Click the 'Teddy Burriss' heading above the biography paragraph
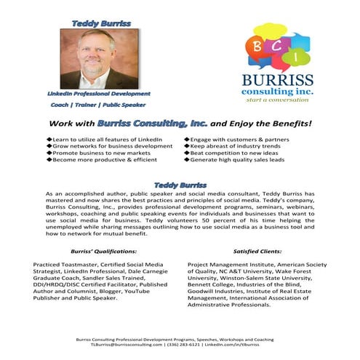pyautogui.click(x=180, y=185)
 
